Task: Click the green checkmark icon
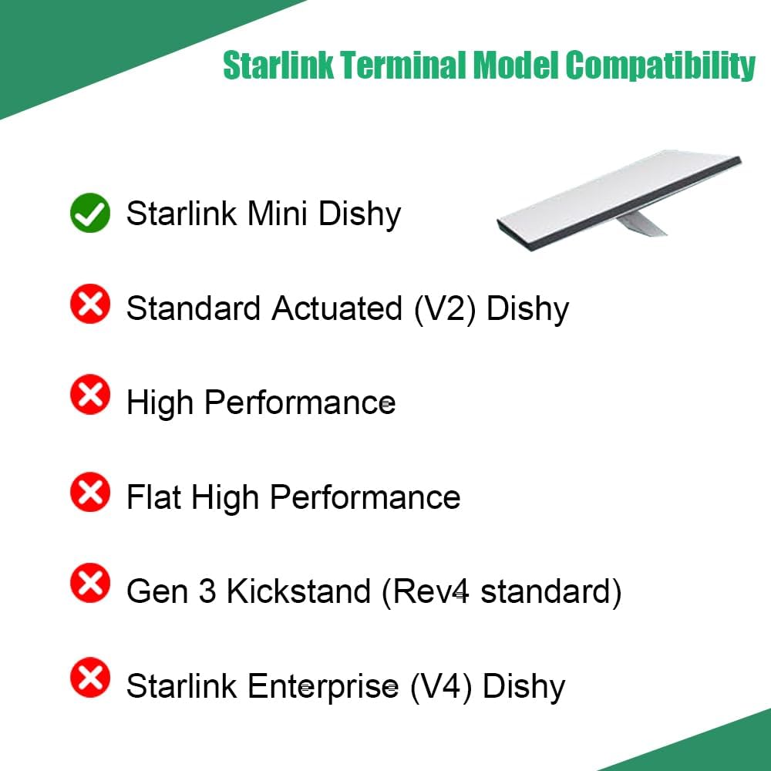pyautogui.click(x=90, y=213)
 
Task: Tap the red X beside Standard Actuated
pyautogui.click(x=90, y=304)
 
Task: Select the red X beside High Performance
pyautogui.click(x=90, y=394)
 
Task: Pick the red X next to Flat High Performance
pyautogui.click(x=90, y=492)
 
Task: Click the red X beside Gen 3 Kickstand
pyautogui.click(x=90, y=583)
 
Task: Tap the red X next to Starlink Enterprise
pyautogui.click(x=90, y=677)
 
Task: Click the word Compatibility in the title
pyautogui.click(x=660, y=66)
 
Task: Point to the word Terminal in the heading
pyautogui.click(x=402, y=65)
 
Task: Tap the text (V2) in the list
pyautogui.click(x=445, y=309)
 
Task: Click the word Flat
pyautogui.click(x=153, y=497)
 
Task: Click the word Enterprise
pyautogui.click(x=323, y=688)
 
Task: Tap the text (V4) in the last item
pyautogui.click(x=441, y=687)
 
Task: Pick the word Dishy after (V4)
pyautogui.click(x=524, y=688)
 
